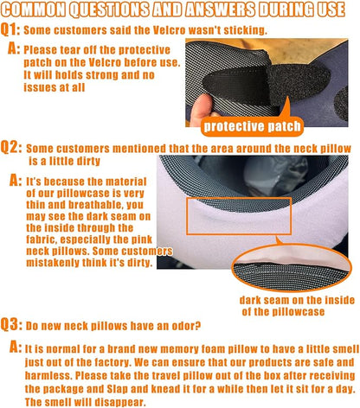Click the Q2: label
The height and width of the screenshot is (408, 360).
click(x=13, y=150)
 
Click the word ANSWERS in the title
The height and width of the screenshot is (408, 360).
click(x=227, y=10)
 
